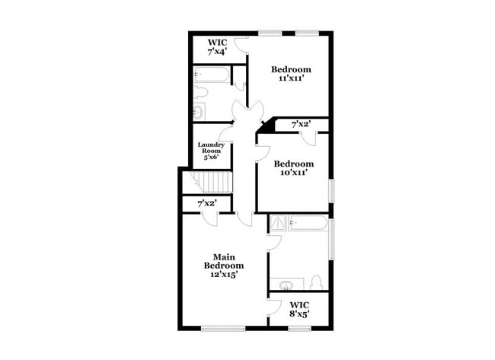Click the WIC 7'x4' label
(219, 47)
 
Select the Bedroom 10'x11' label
(294, 168)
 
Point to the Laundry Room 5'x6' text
(211, 151)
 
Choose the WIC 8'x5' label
(299, 309)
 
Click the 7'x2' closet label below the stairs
(207, 204)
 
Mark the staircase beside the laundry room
(212, 183)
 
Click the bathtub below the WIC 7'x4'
(212, 75)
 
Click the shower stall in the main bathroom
(279, 224)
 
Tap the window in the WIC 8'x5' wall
(299, 329)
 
